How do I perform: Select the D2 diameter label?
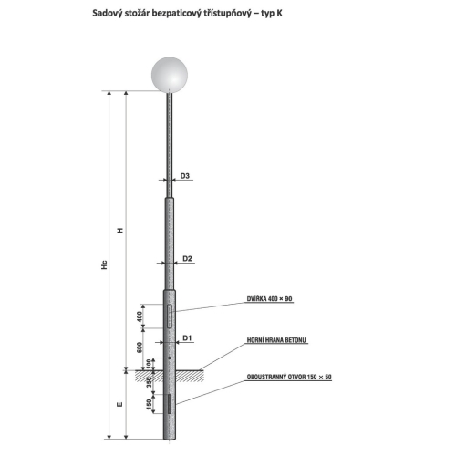point(186,259)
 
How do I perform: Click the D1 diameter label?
point(186,338)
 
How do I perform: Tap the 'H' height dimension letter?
point(118,230)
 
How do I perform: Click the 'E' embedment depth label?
point(118,402)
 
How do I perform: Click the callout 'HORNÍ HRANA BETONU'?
point(277,339)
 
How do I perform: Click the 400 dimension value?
point(140,316)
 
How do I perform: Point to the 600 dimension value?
point(140,347)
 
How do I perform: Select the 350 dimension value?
point(147,381)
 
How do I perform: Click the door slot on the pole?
point(167,316)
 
